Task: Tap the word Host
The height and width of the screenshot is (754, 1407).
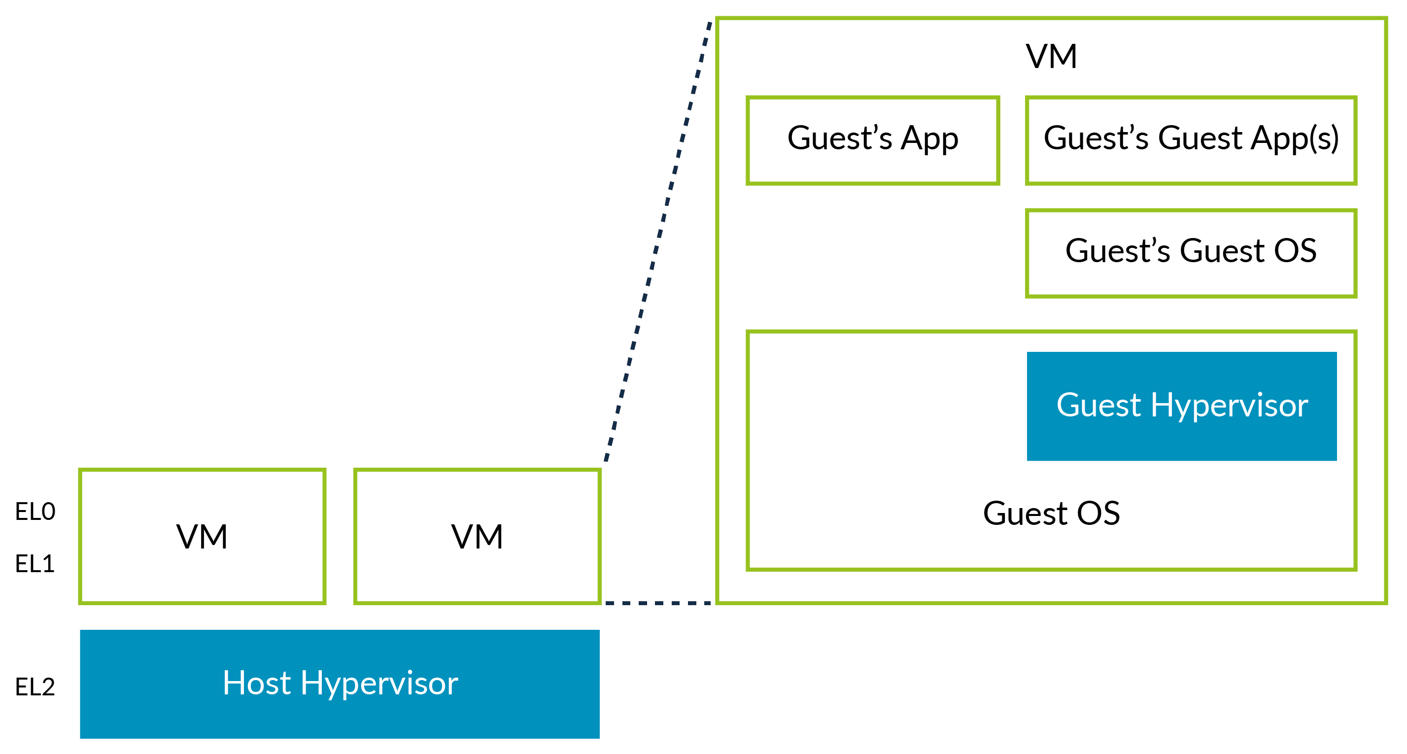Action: [x=256, y=683]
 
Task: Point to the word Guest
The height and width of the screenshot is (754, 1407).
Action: [x=1098, y=406]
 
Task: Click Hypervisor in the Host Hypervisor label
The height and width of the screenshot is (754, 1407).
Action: [x=379, y=684]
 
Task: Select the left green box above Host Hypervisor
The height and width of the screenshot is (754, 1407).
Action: [x=202, y=537]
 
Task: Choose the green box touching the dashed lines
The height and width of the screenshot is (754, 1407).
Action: [x=478, y=537]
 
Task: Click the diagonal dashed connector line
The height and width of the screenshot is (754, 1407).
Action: [x=658, y=240]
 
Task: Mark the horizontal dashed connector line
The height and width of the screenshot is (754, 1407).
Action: [x=658, y=603]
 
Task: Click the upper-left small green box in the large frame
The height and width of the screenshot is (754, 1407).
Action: [x=872, y=140]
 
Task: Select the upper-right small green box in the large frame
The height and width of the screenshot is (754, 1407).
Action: [x=1191, y=140]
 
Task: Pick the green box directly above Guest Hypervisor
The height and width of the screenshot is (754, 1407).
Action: [x=1191, y=253]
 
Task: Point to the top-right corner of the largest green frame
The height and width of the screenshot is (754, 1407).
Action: [x=1386, y=19]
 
